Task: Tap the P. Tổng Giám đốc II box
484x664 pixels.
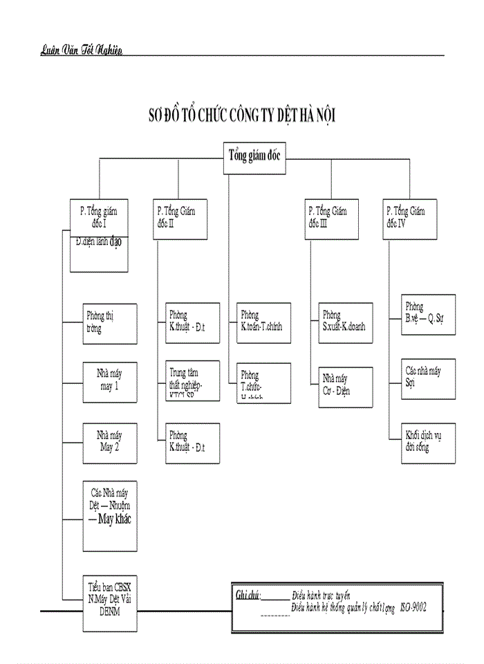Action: pos(180,220)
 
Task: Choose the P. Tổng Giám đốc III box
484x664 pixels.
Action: pos(332,220)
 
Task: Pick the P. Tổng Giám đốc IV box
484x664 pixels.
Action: pos(409,220)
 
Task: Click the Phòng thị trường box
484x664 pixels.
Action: pos(109,323)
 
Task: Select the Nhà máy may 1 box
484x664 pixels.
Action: pos(109,381)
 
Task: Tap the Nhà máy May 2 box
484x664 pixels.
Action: pos(109,441)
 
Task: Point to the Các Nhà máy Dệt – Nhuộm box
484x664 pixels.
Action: pos(109,516)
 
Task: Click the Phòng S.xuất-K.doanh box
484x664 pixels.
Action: pos(345,323)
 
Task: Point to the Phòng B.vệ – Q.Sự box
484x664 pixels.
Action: pos(428,315)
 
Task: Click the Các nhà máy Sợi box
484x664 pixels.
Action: pos(428,378)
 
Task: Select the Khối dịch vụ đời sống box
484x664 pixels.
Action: pos(428,442)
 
